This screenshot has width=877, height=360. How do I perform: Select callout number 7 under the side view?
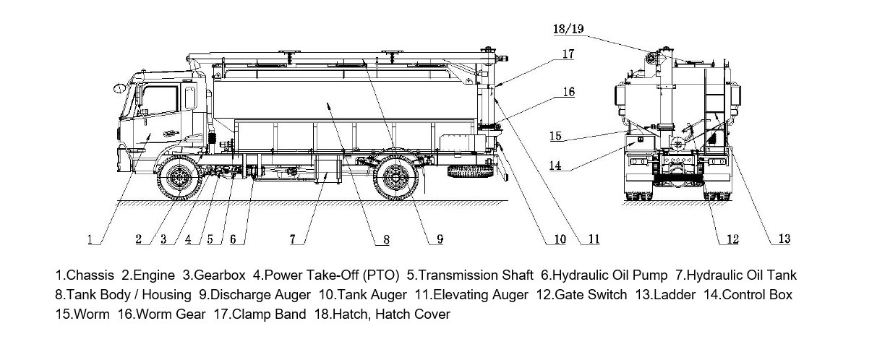coord(293,239)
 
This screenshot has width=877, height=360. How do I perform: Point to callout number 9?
coord(439,239)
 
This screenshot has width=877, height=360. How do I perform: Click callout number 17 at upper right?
coord(568,53)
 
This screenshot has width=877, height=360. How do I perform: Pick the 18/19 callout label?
coord(568,29)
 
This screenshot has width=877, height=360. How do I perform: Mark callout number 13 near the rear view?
coord(784,239)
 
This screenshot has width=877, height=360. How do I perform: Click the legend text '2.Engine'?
coord(148,275)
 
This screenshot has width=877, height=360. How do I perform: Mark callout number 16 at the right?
coord(569,92)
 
